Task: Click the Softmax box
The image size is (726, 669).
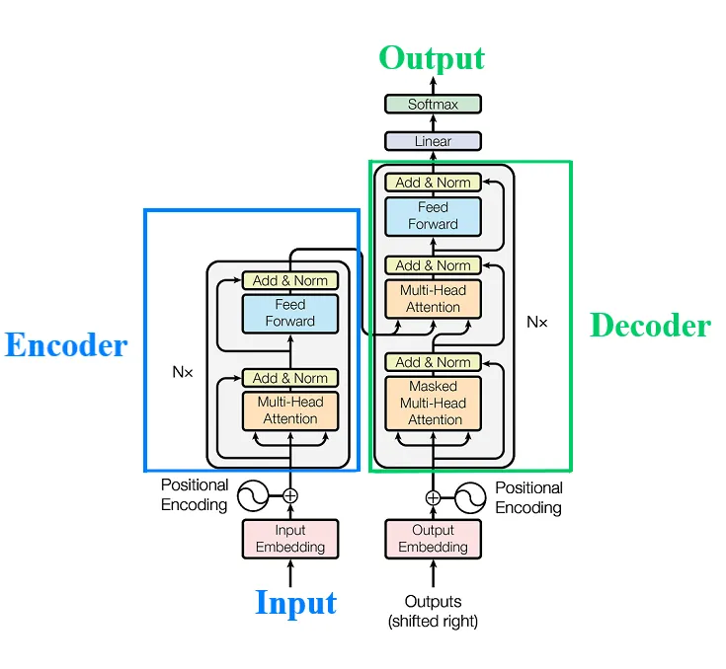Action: point(433,104)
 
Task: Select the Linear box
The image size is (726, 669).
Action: point(433,141)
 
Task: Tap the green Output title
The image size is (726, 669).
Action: point(433,58)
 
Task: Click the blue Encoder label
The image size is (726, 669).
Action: point(66,345)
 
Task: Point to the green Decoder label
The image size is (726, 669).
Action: point(650,326)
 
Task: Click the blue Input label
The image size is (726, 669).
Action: point(295,603)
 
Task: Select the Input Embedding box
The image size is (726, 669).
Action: point(290,539)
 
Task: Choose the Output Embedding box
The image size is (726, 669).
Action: point(433,539)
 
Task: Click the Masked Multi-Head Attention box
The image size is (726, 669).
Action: point(433,404)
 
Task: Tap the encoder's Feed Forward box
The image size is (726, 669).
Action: point(290,313)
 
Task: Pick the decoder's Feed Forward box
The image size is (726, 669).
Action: point(433,216)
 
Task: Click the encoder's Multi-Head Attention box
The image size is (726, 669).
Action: point(290,410)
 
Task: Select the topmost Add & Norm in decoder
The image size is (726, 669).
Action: point(433,183)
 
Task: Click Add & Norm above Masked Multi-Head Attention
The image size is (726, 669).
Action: point(433,362)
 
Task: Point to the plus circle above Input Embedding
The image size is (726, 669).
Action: point(290,495)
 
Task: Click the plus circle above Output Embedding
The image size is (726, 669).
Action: point(433,497)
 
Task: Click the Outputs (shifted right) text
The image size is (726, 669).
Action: point(433,611)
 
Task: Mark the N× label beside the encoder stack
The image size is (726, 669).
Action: point(182,374)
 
